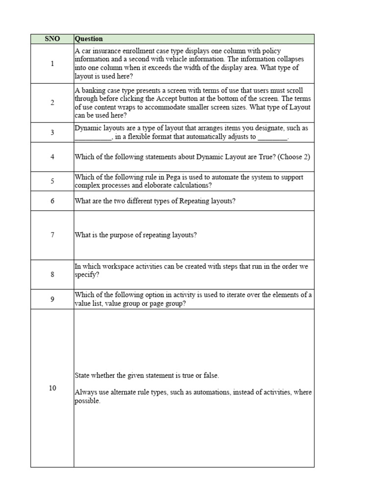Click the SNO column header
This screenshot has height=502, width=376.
coord(52,39)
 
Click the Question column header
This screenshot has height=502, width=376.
coord(89,39)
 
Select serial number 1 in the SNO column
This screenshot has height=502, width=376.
coord(52,63)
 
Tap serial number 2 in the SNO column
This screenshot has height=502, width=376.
coord(52,102)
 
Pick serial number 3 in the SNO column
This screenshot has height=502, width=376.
coord(52,132)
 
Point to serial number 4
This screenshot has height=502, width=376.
coord(52,156)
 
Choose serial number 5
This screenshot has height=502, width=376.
coord(52,181)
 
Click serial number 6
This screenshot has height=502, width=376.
coord(52,201)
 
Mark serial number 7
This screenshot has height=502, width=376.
coord(52,235)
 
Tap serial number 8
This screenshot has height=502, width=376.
coord(52,274)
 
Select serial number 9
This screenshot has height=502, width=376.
coord(52,299)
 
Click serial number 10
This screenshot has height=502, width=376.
coord(52,388)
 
